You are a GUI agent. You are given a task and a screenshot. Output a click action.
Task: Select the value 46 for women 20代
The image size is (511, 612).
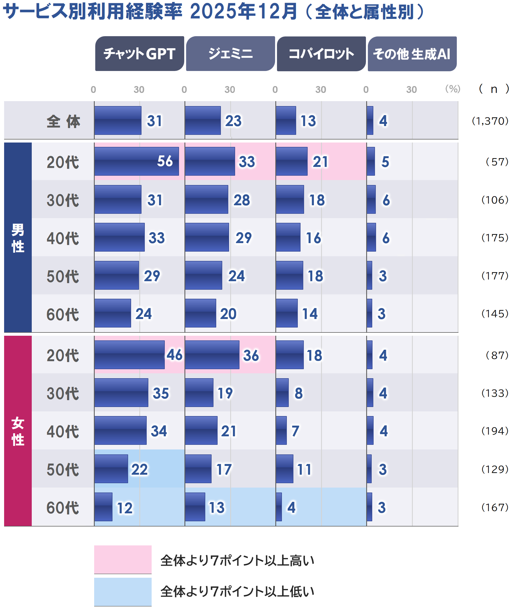pos(174,355)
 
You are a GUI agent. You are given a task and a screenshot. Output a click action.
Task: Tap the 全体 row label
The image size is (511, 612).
pos(63,121)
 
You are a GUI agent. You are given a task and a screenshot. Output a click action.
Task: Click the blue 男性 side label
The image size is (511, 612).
pos(18,237)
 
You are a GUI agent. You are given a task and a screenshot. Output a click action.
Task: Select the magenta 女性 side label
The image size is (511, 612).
pos(18,431)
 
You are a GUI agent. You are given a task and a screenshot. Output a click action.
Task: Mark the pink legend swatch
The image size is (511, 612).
pos(123,559)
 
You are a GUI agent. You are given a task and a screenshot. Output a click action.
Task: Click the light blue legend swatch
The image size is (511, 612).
pos(123,592)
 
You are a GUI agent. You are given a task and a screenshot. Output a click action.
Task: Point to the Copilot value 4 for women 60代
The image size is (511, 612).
pos(291,507)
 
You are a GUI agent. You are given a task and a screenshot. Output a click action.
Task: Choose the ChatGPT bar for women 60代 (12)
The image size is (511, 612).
pos(103,507)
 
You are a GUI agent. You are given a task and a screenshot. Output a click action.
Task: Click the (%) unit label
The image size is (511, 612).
pos(452,89)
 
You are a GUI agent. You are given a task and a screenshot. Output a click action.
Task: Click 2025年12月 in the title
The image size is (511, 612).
pos(243,12)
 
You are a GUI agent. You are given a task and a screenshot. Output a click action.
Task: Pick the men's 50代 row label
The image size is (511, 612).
pos(63,276)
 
